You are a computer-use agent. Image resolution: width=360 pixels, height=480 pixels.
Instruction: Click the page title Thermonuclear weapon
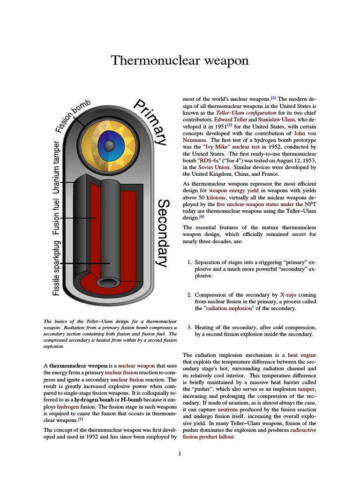[180, 60]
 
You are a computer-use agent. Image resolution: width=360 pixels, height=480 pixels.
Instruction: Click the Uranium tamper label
[57, 167]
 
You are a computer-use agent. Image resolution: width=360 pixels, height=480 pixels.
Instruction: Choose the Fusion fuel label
[57, 217]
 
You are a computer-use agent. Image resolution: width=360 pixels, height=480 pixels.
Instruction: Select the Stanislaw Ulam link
[273, 120]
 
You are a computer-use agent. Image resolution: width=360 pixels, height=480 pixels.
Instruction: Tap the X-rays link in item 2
[289, 295]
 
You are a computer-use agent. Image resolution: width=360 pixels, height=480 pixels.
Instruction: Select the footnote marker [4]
[202, 217]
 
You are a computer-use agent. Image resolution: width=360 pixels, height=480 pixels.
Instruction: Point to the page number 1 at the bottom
[180, 453]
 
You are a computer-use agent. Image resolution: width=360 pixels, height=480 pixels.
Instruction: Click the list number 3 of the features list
[188, 327]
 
